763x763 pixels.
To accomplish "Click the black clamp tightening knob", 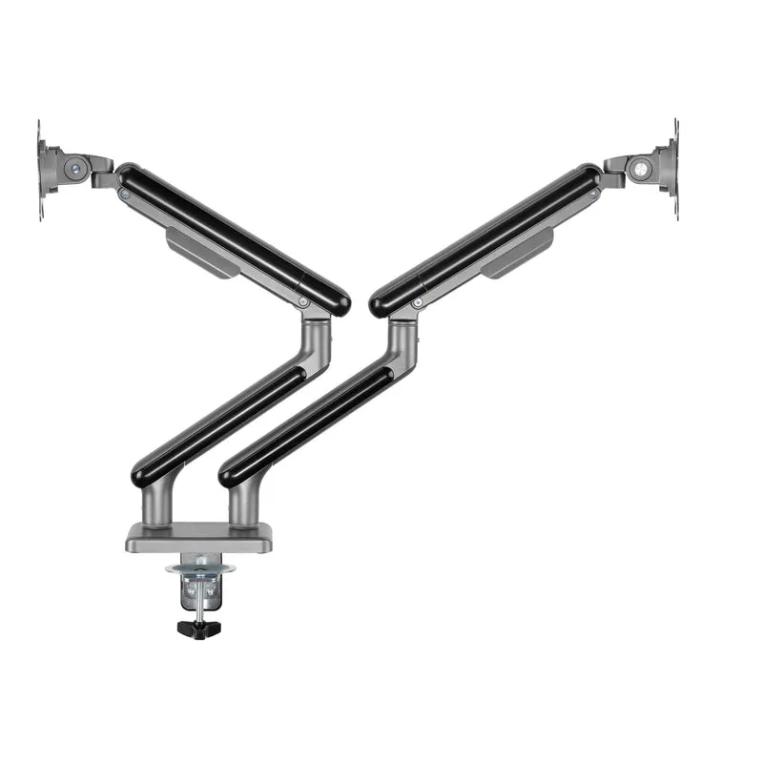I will tap(198, 629).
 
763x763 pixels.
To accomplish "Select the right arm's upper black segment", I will tap(486, 238).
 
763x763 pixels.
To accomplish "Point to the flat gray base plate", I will tap(198, 540).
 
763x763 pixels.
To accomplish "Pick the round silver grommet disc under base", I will tap(199, 568).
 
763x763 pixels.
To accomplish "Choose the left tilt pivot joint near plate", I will tap(74, 169).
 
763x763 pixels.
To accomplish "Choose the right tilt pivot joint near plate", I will tap(642, 168).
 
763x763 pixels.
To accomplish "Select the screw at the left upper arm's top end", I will tap(125, 194).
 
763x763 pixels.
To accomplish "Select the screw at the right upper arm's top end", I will tap(592, 194).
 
